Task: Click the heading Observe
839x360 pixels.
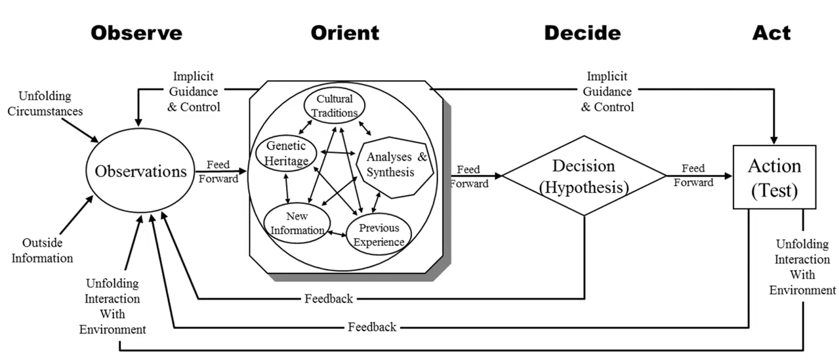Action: (x=136, y=33)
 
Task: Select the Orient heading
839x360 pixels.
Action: (x=344, y=33)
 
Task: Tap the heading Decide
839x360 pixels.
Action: (x=582, y=33)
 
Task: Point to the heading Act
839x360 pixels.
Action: (x=771, y=33)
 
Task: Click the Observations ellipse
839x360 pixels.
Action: (x=141, y=172)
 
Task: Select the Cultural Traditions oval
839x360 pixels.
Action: (x=334, y=106)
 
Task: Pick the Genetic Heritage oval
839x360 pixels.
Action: (x=287, y=155)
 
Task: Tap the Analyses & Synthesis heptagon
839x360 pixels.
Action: (x=396, y=165)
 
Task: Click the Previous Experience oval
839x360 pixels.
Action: (x=379, y=235)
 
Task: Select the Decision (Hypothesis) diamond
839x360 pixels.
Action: (x=584, y=176)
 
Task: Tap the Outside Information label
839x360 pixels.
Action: (x=47, y=250)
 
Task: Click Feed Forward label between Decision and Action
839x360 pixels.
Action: (x=693, y=176)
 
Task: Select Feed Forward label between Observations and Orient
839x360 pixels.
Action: (x=218, y=172)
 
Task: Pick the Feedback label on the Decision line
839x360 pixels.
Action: (x=329, y=299)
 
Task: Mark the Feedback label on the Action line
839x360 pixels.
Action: (x=372, y=327)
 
